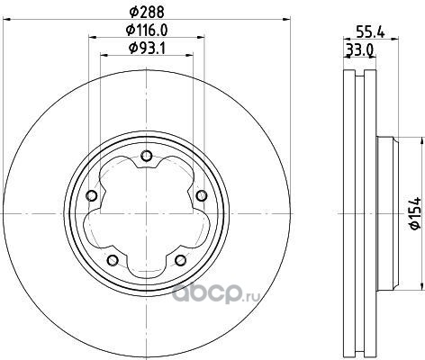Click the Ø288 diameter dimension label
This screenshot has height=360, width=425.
coord(147,12)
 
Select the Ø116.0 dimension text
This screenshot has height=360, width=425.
coord(147,30)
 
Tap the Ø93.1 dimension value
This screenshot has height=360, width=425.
coord(147,48)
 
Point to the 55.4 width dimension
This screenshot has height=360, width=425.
coord(371,31)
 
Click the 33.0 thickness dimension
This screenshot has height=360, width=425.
coord(359,49)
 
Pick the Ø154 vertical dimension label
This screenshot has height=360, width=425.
coord(416,213)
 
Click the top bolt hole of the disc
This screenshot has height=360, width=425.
coord(147,156)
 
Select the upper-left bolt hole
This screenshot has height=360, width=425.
coord(92,195)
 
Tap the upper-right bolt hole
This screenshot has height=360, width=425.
coord(202,195)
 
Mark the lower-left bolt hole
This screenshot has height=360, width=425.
coord(113,260)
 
